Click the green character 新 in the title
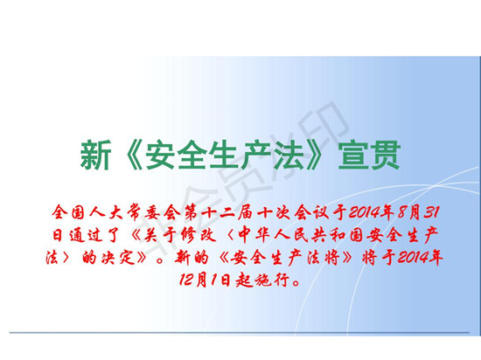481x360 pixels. (x=95, y=155)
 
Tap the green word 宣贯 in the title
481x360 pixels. (x=369, y=155)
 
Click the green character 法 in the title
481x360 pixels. (x=289, y=155)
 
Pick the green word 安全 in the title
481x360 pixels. (x=177, y=155)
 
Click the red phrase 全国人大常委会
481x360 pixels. (x=116, y=212)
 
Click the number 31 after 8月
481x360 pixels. (x=432, y=212)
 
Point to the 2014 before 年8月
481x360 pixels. (x=364, y=212)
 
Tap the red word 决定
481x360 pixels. (x=118, y=258)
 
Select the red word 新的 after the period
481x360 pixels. (x=192, y=258)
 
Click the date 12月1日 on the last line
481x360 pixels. (x=205, y=280)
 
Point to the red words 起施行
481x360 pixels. (x=262, y=280)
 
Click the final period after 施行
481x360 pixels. (x=296, y=282)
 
